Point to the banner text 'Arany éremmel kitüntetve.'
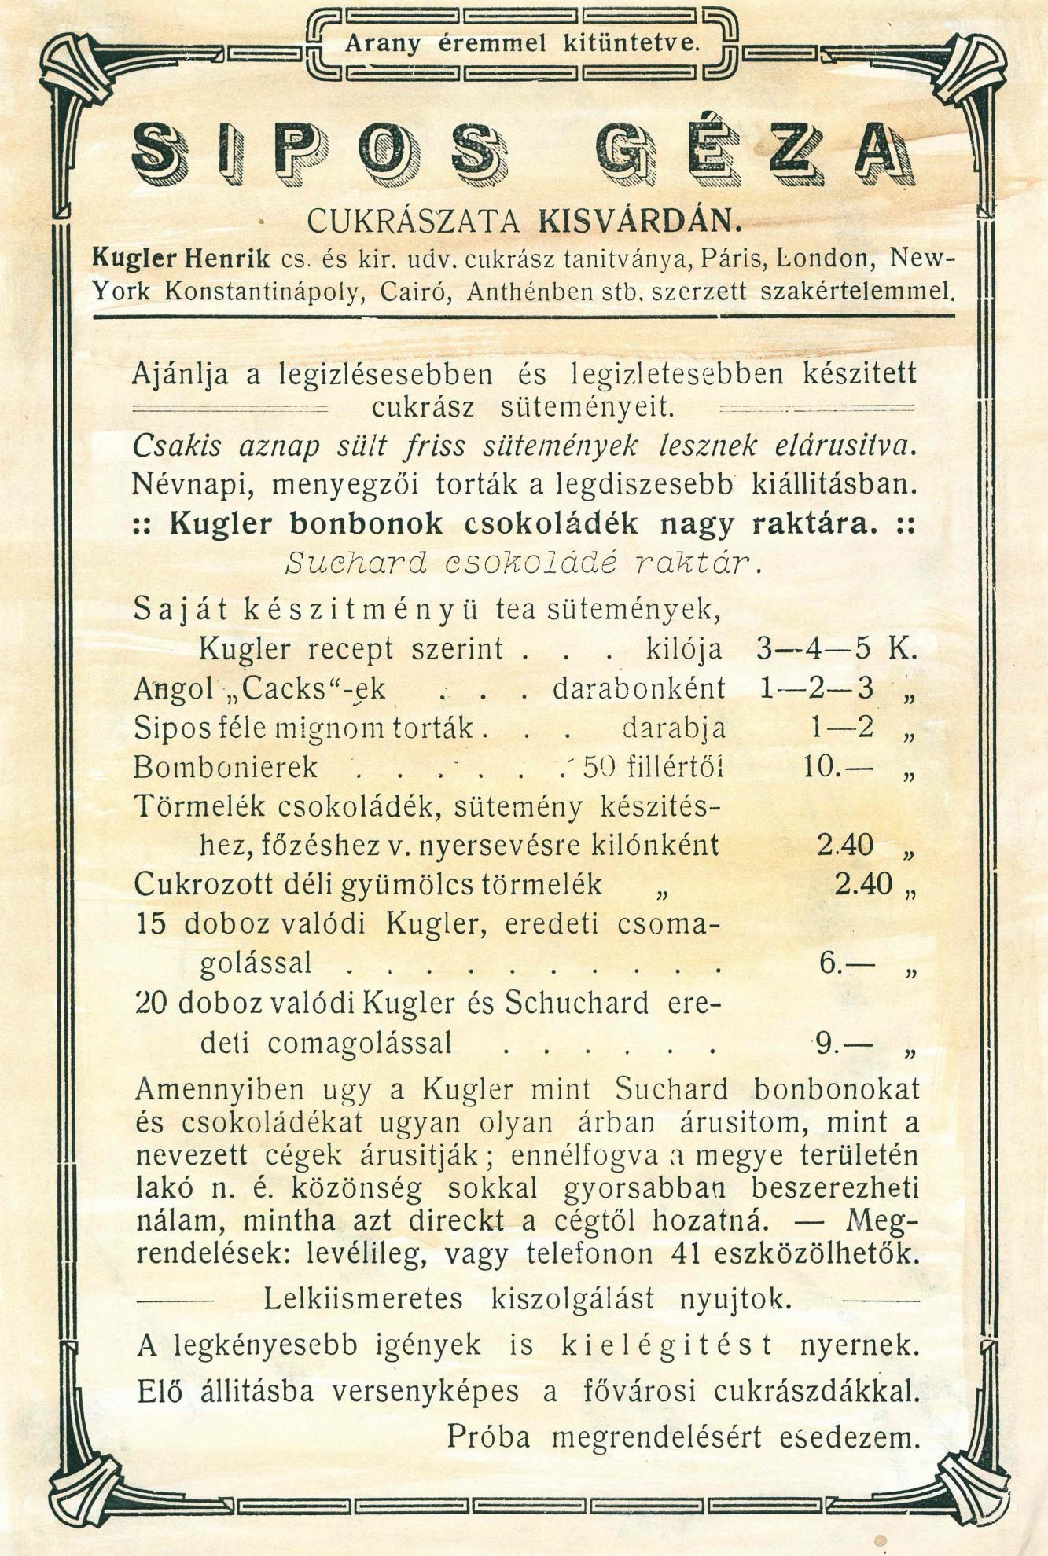pyautogui.click(x=522, y=45)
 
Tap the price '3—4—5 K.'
pyautogui.click(x=837, y=649)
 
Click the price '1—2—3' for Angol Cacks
pyautogui.click(x=818, y=688)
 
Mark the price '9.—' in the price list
pyautogui.click(x=844, y=1044)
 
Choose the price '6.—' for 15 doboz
pyautogui.click(x=846, y=963)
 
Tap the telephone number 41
pyautogui.click(x=688, y=1253)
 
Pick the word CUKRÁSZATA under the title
pyautogui.click(x=414, y=222)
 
